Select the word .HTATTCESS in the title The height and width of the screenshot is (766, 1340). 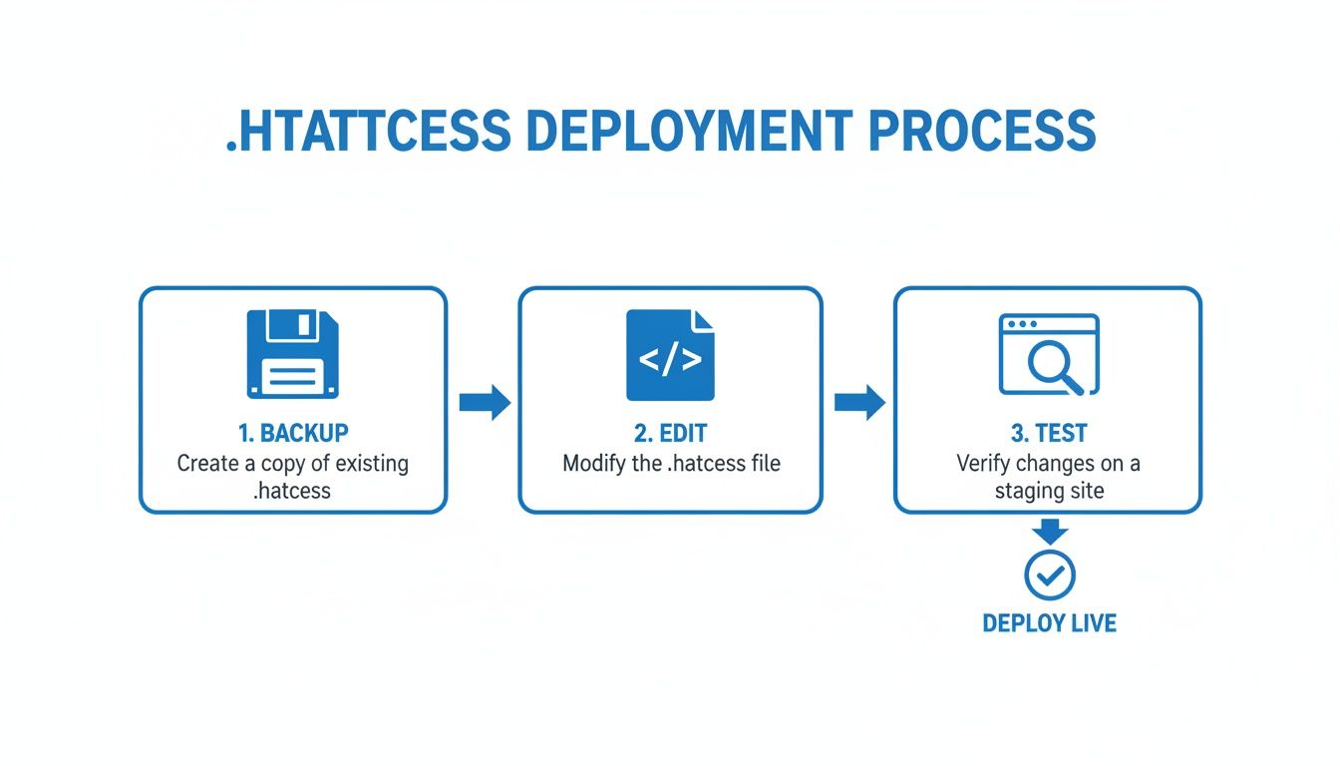coord(368,131)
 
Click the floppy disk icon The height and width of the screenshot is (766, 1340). coord(292,354)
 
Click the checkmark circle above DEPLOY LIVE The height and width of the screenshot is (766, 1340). coord(1049,574)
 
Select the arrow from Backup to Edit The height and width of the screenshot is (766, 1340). coord(485,402)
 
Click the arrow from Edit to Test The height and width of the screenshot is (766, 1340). coord(859,402)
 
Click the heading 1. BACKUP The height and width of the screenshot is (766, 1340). coord(293,434)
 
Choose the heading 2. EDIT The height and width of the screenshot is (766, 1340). coord(670,434)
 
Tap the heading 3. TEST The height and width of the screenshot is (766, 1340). coord(1048,434)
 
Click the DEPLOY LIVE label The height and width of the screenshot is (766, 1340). coord(1049,623)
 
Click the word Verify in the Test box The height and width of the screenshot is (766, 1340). coord(984,464)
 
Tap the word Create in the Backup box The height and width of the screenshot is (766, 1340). coord(207,464)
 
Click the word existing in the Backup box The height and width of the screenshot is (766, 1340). coord(372,464)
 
